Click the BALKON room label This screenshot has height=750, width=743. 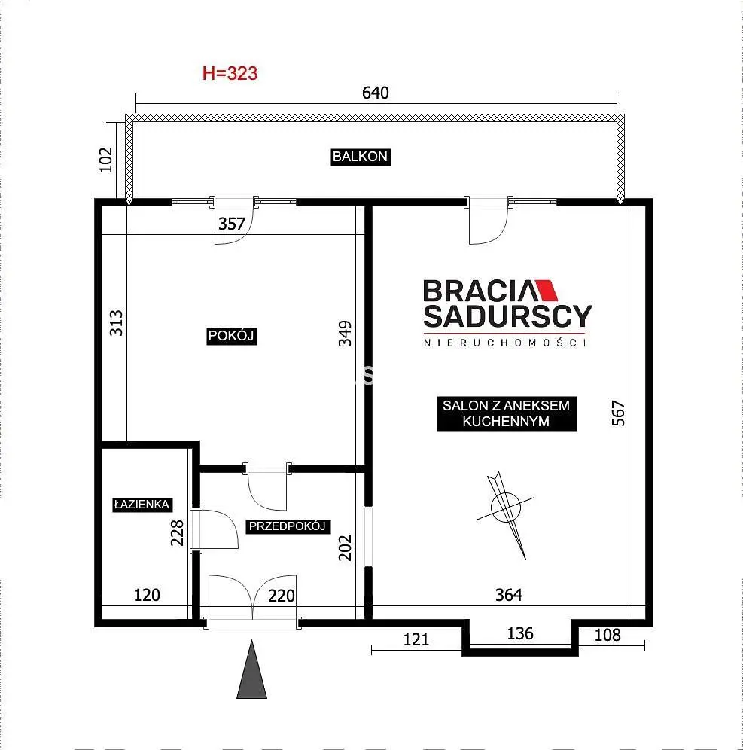tap(361, 157)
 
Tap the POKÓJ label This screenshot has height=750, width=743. tap(231, 336)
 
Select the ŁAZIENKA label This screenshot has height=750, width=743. tap(142, 505)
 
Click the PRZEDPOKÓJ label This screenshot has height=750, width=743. tap(288, 526)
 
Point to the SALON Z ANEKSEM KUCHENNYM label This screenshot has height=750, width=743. tap(507, 413)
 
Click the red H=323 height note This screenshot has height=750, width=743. tap(230, 74)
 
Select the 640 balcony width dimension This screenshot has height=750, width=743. tap(376, 93)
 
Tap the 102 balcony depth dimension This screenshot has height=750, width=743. tap(105, 160)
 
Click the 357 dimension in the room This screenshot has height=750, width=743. tap(231, 224)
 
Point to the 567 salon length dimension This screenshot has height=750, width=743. tap(618, 413)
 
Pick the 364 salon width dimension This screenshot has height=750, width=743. tap(509, 595)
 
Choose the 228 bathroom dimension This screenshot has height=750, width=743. tap(178, 533)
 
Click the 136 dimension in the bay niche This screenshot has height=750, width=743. tap(519, 634)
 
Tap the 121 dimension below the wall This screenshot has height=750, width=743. tap(416, 639)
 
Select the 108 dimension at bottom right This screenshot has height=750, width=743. tap(607, 636)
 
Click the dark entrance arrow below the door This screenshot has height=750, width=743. tap(252, 669)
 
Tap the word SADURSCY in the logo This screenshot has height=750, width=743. tap(508, 316)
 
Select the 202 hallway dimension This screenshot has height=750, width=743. tap(345, 547)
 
